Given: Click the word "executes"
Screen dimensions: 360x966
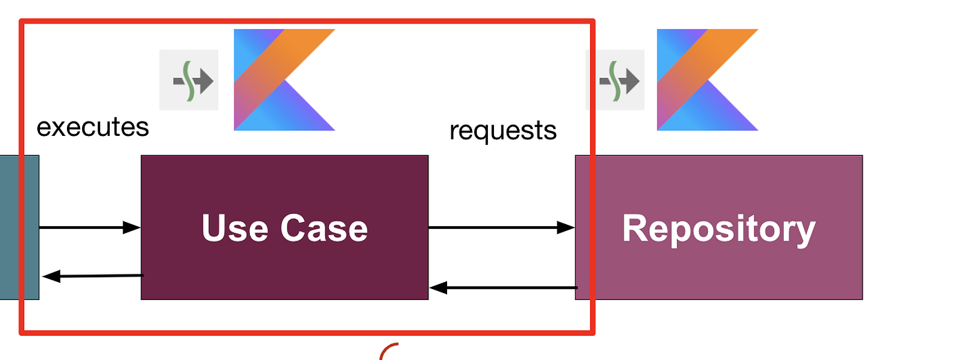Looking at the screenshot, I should [92, 127].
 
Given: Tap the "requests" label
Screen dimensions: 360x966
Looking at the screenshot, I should [502, 130].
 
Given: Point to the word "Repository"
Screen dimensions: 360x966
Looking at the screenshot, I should [718, 228].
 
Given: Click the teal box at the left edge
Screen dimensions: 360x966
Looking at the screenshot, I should [19, 228].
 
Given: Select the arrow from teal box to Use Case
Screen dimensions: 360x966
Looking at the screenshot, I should [90, 228].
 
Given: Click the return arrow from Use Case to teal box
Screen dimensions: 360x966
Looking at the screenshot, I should [92, 276].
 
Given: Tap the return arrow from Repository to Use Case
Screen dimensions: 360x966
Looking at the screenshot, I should [503, 288].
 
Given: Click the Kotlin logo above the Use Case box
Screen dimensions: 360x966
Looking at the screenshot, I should [284, 79].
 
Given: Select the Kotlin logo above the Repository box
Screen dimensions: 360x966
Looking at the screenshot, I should [707, 79].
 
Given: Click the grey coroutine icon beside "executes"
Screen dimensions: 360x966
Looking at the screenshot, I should [189, 80].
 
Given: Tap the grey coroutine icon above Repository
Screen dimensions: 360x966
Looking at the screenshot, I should [615, 80].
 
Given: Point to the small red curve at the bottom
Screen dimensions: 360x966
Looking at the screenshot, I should [388, 351].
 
